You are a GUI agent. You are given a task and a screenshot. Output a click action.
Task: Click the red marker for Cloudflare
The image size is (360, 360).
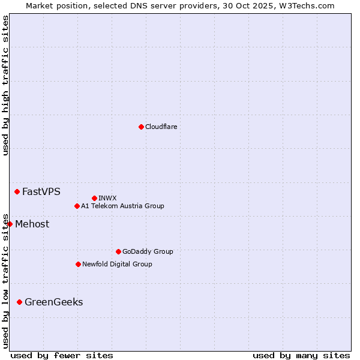pyautogui.click(x=141, y=127)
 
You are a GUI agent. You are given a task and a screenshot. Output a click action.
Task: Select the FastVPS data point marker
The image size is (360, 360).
pyautogui.click(x=17, y=191)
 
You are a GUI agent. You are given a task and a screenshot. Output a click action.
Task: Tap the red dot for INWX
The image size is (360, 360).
pyautogui.click(x=94, y=198)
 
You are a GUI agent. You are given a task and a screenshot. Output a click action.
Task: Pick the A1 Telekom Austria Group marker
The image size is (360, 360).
pyautogui.click(x=77, y=206)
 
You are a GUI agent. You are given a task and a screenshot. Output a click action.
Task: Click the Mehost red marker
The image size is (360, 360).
pyautogui.click(x=10, y=224)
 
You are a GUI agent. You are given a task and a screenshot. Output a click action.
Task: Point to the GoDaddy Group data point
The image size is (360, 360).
pyautogui.click(x=118, y=251)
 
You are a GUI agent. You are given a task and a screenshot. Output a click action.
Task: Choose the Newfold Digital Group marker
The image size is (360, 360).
pyautogui.click(x=78, y=264)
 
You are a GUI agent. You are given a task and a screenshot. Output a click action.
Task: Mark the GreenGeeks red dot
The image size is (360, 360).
pyautogui.click(x=19, y=302)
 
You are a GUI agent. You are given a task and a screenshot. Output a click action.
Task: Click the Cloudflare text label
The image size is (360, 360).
pyautogui.click(x=161, y=127)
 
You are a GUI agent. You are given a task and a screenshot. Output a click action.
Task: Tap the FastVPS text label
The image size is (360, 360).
pyautogui.click(x=41, y=192)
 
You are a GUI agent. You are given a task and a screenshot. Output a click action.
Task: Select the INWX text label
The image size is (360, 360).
pyautogui.click(x=107, y=198)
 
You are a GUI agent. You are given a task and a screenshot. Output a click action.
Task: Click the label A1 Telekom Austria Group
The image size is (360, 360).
pyautogui.click(x=122, y=206)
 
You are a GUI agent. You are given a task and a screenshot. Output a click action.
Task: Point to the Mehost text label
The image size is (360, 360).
pyautogui.click(x=32, y=224)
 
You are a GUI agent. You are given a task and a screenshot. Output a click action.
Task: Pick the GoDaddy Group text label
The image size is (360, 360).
pyautogui.click(x=148, y=251)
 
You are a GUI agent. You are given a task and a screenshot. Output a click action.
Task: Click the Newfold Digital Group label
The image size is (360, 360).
pyautogui.click(x=117, y=264)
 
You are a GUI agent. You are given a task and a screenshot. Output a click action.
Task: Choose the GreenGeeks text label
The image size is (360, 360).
pyautogui.click(x=53, y=302)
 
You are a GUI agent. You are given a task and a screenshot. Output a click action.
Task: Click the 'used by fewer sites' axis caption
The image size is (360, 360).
pyautogui.click(x=62, y=355)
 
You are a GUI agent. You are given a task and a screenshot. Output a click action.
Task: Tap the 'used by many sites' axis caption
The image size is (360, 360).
pyautogui.click(x=301, y=355)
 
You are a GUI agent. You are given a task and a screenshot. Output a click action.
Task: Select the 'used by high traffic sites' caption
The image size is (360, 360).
pyautogui.click(x=5, y=86)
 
